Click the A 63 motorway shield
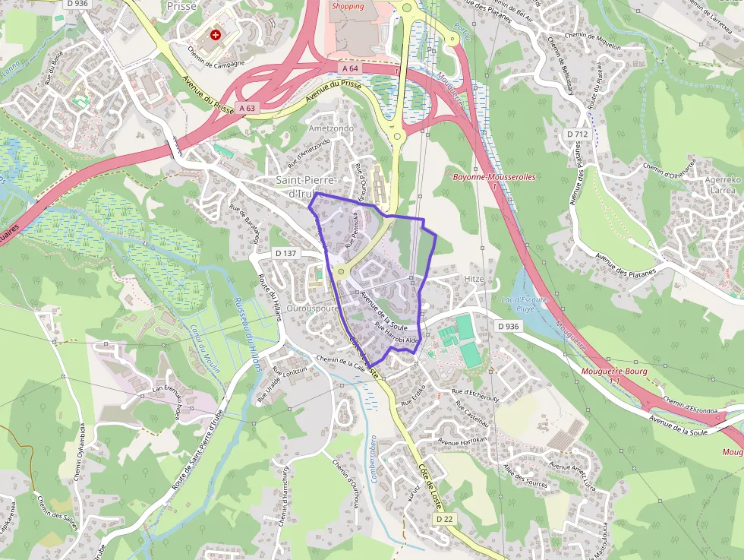tap(247, 109)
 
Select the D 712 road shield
tap(577, 134)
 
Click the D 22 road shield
tap(445, 518)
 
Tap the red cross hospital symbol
tap(216, 35)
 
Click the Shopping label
tap(347, 6)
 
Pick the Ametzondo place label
tap(331, 128)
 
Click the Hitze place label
tap(474, 279)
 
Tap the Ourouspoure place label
tap(313, 309)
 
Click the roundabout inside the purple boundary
tap(341, 271)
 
